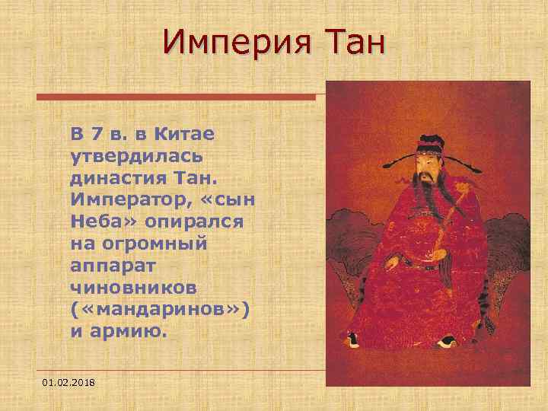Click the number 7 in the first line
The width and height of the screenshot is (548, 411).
click(96, 135)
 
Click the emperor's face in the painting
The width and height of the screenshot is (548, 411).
click(429, 162)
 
